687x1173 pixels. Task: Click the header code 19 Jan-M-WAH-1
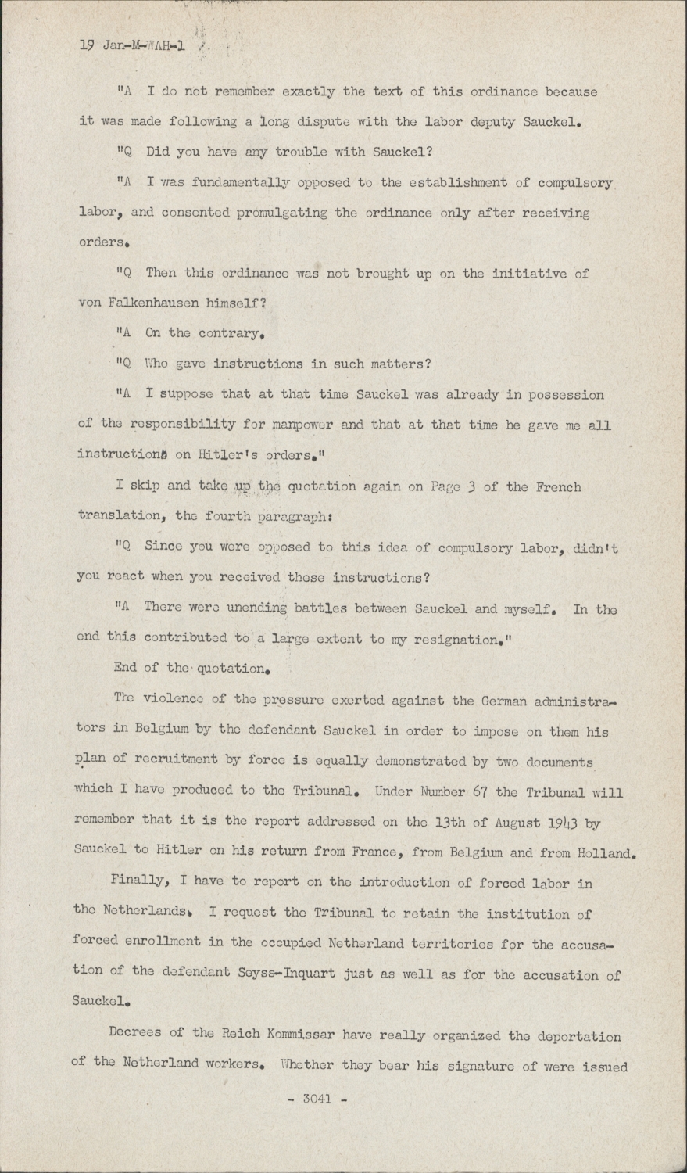(x=132, y=45)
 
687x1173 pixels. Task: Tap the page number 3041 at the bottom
(x=315, y=1099)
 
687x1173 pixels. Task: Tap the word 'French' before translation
(x=556, y=486)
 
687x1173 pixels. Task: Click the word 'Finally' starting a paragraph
(x=140, y=883)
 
